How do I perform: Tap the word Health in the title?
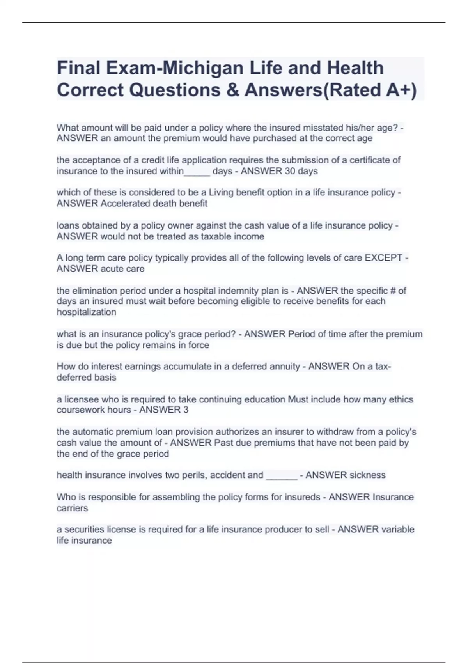tap(355, 68)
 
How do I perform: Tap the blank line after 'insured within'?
tap(197, 172)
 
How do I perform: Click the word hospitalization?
tap(86, 312)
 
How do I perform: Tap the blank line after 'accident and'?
tap(281, 476)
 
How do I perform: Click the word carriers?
tap(72, 509)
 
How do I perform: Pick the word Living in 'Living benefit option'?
tap(222, 193)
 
